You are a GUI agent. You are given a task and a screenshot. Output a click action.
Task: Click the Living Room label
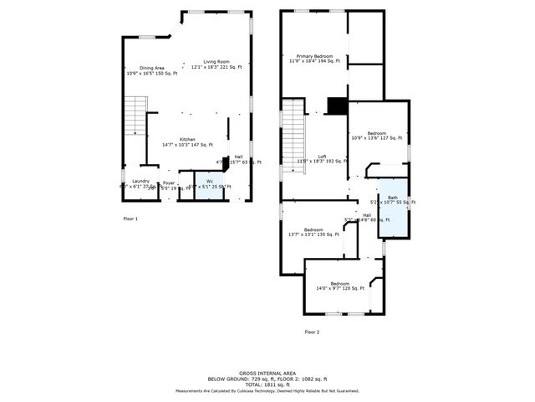pyautogui.click(x=217, y=62)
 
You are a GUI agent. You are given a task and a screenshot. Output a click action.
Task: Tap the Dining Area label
pyautogui.click(x=140, y=68)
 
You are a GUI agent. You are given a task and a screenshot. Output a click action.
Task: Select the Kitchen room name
pyautogui.click(x=187, y=139)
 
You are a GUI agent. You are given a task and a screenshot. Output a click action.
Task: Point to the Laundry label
pyautogui.click(x=140, y=182)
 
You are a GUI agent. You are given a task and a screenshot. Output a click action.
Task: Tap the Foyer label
pyautogui.click(x=169, y=183)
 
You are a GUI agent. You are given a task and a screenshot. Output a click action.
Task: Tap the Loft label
pyautogui.click(x=322, y=157)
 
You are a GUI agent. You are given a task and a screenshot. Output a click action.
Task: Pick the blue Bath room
pyautogui.click(x=393, y=207)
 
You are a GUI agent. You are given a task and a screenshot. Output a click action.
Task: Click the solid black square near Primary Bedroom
pyautogui.click(x=336, y=106)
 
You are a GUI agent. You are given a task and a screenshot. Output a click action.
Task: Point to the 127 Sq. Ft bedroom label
pyautogui.click(x=376, y=134)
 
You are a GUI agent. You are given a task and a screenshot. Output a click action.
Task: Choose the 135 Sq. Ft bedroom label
pyautogui.click(x=313, y=230)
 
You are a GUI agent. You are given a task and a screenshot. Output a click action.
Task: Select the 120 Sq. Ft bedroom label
pyautogui.click(x=339, y=284)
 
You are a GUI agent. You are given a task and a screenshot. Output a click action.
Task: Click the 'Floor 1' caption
pyautogui.click(x=130, y=219)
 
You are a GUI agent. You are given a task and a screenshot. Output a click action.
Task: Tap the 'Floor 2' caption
pyautogui.click(x=312, y=332)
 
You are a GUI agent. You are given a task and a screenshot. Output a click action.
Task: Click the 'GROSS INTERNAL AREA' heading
pyautogui.click(x=267, y=373)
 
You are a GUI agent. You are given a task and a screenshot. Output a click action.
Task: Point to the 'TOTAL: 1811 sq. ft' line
pyautogui.click(x=267, y=384)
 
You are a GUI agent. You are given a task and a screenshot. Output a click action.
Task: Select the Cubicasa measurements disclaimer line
pyautogui.click(x=267, y=390)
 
